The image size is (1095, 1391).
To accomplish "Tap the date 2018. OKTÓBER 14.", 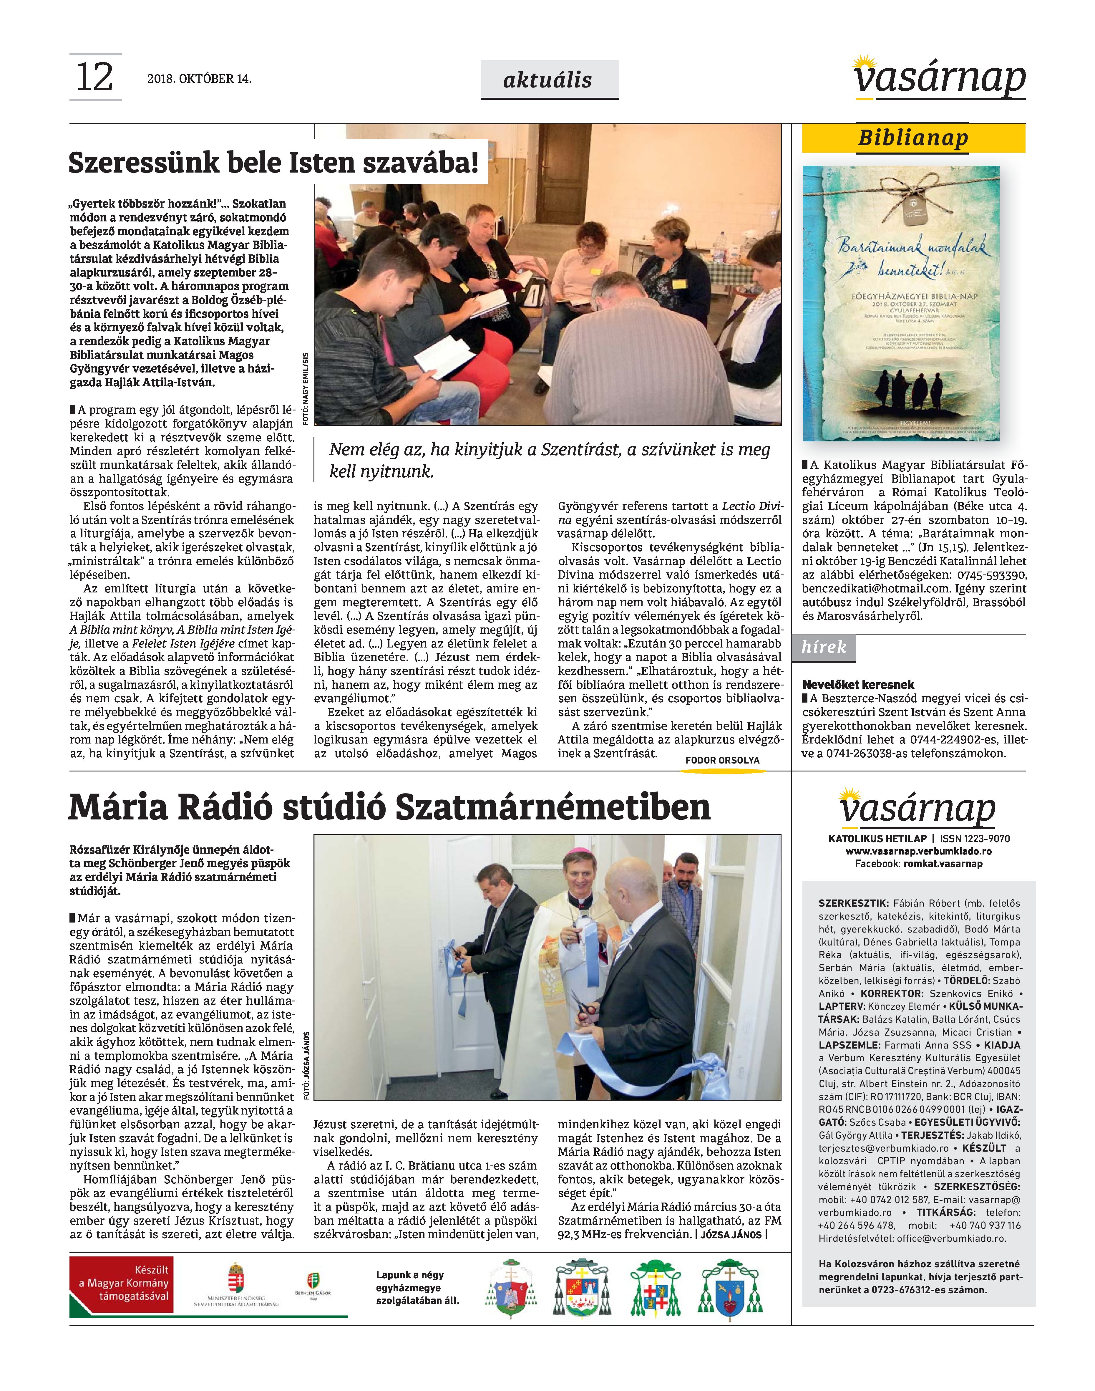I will pyautogui.click(x=199, y=79).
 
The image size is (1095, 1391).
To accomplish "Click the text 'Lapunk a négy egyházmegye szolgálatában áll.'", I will pyautogui.click(x=417, y=1288).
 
